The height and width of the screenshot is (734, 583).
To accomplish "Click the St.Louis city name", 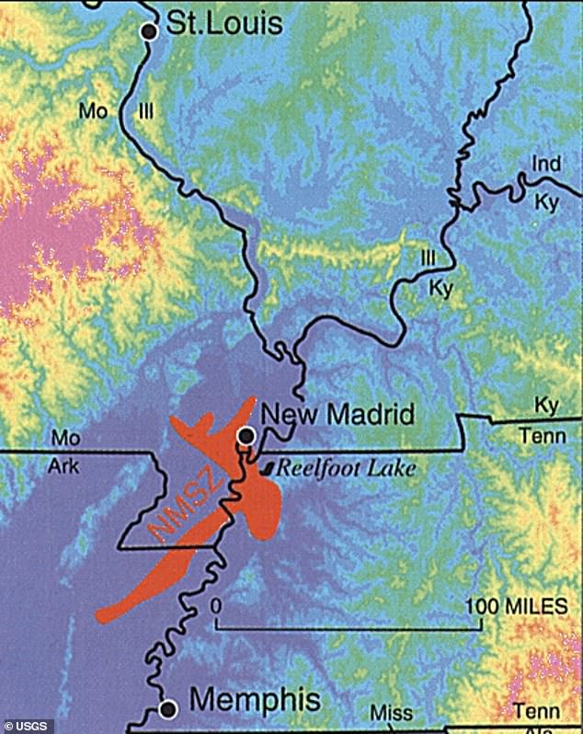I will (x=224, y=24).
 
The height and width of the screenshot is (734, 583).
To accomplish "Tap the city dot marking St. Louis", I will (x=149, y=31).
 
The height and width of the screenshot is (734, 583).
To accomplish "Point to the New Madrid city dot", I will (x=246, y=434).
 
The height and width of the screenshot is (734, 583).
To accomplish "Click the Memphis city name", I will (x=255, y=701).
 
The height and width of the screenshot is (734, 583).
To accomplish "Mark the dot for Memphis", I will (x=168, y=708).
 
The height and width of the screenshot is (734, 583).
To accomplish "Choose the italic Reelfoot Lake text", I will (x=347, y=468).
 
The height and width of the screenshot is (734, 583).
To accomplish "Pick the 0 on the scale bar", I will (x=216, y=606).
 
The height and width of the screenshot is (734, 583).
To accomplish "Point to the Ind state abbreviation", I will (x=545, y=164).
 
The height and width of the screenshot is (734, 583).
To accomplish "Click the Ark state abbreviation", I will (x=63, y=466).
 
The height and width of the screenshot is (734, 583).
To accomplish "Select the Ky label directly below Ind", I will (x=546, y=202).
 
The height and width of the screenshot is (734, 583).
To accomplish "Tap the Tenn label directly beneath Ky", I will (x=543, y=435).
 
